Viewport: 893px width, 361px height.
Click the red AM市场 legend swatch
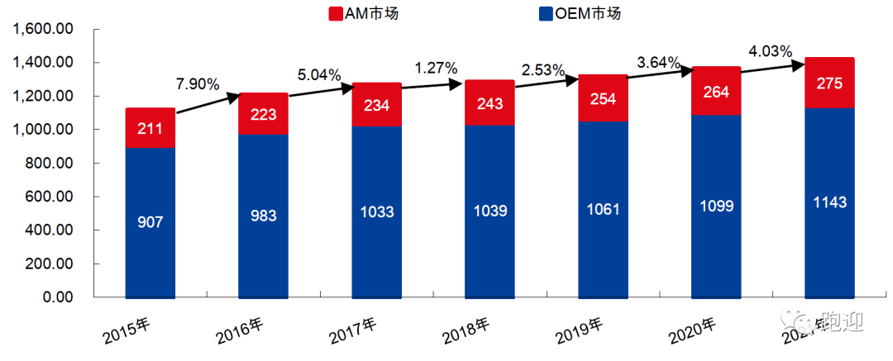336,14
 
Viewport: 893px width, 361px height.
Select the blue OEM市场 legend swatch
545,14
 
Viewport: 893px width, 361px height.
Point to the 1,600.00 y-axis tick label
41,29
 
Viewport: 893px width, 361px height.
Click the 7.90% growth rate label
197,83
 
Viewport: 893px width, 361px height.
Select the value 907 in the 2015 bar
150,222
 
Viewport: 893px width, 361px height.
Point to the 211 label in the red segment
150,128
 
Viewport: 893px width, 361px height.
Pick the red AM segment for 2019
603,97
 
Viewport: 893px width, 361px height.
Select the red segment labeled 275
829,83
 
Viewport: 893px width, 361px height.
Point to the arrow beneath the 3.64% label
658,74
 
